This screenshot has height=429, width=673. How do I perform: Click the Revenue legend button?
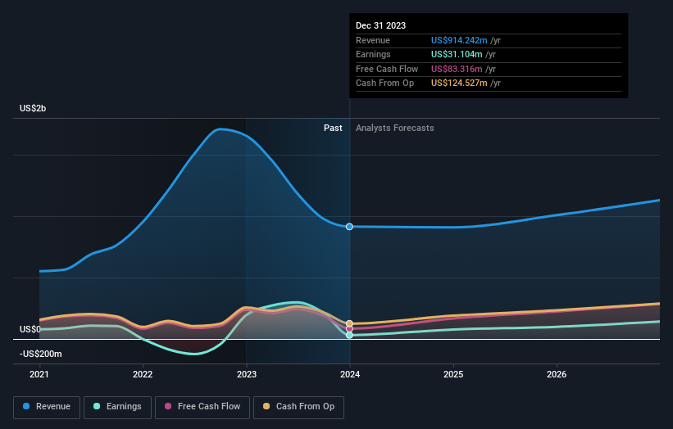47,406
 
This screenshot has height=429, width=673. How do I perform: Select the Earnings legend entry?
117,406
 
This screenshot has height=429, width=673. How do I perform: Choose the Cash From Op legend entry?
298,406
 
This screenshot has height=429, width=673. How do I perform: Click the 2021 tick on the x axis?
39,375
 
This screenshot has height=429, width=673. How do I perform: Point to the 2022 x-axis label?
143,375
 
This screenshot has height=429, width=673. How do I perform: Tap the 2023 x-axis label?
246,375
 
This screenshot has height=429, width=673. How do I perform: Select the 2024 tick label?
350,375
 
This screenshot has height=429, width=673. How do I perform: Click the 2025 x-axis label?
453,375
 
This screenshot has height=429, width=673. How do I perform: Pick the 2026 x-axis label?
557,375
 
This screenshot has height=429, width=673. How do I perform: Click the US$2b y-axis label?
34,109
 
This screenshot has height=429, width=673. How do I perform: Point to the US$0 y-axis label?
31,329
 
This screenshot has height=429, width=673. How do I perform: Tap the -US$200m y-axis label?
41,354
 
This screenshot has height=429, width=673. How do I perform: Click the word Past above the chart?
333,128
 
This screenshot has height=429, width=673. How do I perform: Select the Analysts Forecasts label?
395,128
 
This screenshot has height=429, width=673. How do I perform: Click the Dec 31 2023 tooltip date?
380,26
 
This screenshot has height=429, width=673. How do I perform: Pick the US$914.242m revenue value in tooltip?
459,41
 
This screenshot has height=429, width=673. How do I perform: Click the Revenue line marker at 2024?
350,227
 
